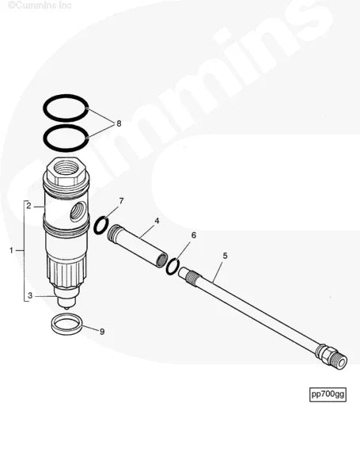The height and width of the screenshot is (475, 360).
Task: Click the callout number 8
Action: (x=119, y=123)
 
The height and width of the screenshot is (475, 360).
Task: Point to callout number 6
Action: (x=194, y=236)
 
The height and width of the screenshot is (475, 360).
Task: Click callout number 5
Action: (x=225, y=256)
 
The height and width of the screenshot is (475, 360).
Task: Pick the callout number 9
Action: (x=101, y=331)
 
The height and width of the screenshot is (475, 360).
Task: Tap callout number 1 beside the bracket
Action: (x=11, y=250)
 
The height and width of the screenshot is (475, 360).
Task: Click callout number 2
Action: (x=28, y=206)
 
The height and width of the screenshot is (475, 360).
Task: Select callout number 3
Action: (x=28, y=295)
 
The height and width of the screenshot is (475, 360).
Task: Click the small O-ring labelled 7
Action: (x=101, y=227)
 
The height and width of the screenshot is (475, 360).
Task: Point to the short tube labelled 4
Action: (x=139, y=247)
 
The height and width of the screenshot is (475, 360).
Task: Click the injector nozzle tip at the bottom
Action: (x=66, y=302)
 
